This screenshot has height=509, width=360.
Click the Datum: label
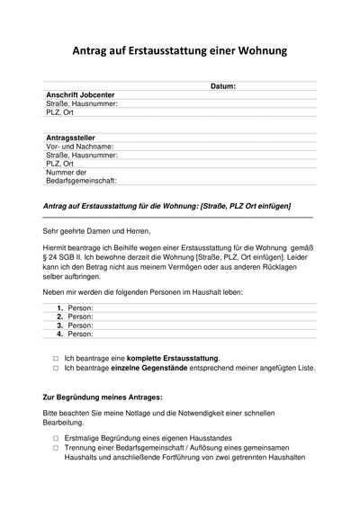[x=222, y=86]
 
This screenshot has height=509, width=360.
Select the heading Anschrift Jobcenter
[x=80, y=94]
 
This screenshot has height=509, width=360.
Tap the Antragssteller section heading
[x=69, y=138]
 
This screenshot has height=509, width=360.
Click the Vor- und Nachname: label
[x=79, y=147]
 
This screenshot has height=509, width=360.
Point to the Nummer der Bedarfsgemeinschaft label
[x=72, y=176]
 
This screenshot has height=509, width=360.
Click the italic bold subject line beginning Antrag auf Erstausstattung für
[x=167, y=207]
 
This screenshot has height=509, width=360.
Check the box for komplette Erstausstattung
[x=55, y=358]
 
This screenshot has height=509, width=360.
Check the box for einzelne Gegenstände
[x=55, y=368]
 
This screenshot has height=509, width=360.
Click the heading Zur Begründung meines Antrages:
[x=102, y=397]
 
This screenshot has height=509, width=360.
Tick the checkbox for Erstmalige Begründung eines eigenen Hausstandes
[x=55, y=438]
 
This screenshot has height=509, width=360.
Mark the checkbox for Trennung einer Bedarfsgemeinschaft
[x=55, y=448]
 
